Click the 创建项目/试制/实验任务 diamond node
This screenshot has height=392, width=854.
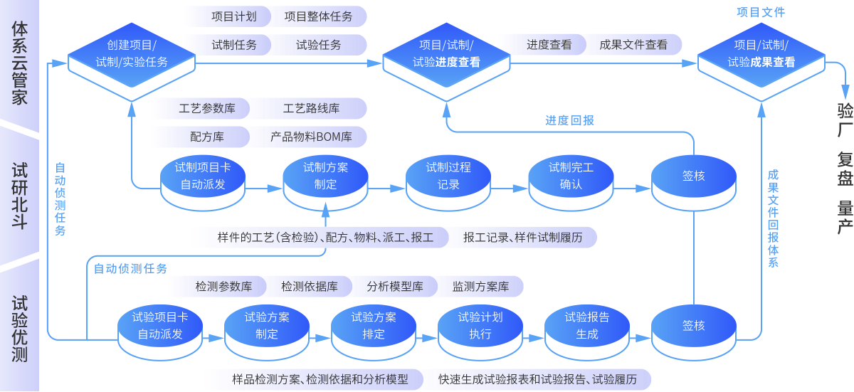pyautogui.click(x=132, y=54)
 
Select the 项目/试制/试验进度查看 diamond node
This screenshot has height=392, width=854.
pyautogui.click(x=446, y=54)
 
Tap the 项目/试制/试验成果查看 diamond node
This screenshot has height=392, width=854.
pyautogui.click(x=761, y=54)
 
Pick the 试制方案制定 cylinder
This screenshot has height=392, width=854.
pyautogui.click(x=325, y=177)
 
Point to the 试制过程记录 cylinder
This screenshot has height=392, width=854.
pyautogui.click(x=448, y=177)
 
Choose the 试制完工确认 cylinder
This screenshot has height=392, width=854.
pyautogui.click(x=571, y=177)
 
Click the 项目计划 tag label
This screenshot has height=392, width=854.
pyautogui.click(x=234, y=16)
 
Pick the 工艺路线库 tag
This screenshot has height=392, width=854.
pyautogui.click(x=311, y=109)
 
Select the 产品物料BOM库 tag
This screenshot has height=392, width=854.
pyautogui.click(x=311, y=137)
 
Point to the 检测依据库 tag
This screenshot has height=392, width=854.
pyautogui.click(x=310, y=287)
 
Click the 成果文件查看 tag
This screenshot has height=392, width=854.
pyautogui.click(x=633, y=44)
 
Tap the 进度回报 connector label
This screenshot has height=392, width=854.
pyautogui.click(x=570, y=120)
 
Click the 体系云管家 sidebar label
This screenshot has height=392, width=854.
pyautogui.click(x=19, y=63)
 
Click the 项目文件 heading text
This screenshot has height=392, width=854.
pyautogui.click(x=760, y=12)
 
